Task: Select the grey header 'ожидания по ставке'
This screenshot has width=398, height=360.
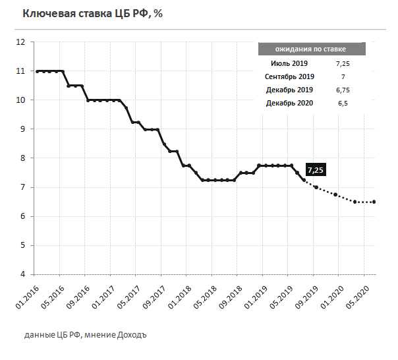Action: (x=312, y=49)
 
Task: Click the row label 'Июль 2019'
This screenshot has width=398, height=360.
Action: (x=289, y=63)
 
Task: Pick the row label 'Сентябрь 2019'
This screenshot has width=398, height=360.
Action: (x=289, y=76)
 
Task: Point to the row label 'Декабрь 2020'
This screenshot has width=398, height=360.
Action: (x=289, y=103)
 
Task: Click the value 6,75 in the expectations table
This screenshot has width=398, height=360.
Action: (x=343, y=90)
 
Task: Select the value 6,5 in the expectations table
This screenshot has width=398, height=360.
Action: (x=343, y=103)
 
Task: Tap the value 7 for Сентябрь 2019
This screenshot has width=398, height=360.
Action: (x=343, y=76)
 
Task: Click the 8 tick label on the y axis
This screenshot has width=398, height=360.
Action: (x=22, y=158)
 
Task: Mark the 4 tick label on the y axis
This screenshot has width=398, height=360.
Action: (x=22, y=274)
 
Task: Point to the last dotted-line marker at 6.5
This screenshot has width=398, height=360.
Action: (x=374, y=202)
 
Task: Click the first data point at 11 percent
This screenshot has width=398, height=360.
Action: (x=37, y=71)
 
